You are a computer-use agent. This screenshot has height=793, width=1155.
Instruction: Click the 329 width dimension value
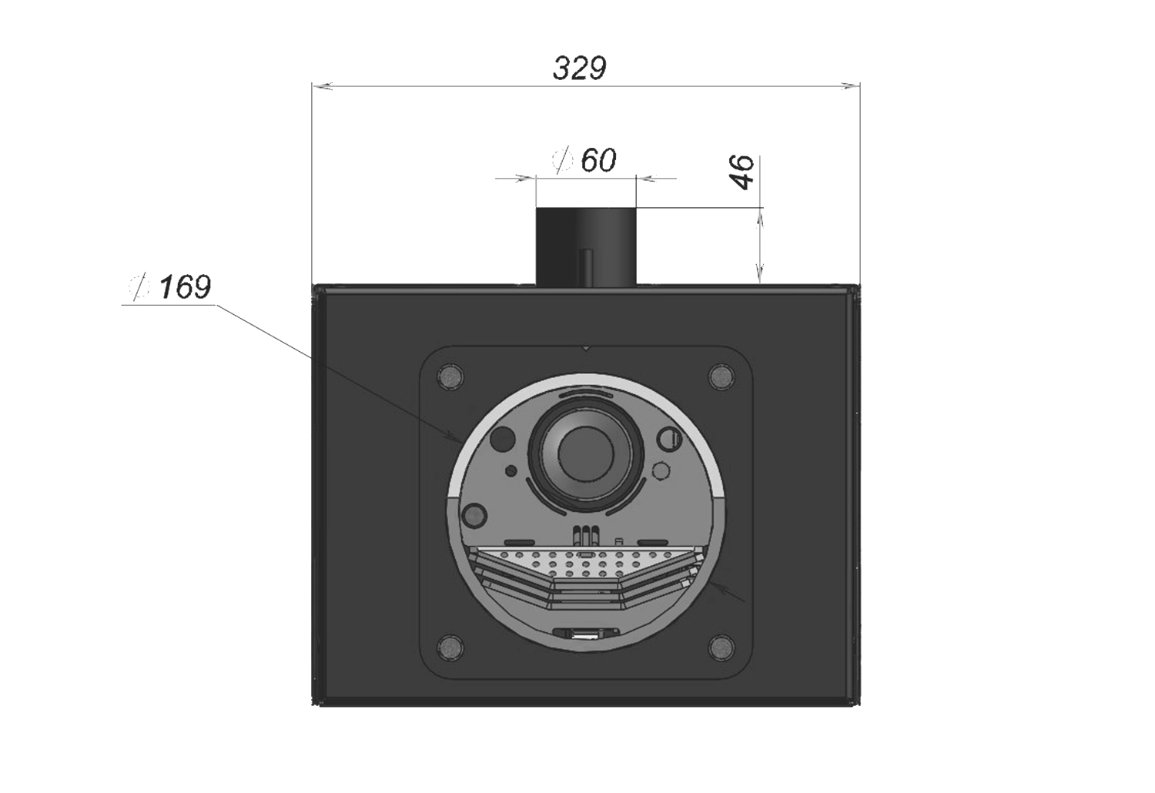point(579,68)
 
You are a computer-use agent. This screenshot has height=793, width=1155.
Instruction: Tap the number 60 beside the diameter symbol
point(598,160)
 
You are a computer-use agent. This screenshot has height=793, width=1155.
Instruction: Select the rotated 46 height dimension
point(743,172)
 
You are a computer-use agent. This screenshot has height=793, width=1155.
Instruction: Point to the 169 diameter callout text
point(185,287)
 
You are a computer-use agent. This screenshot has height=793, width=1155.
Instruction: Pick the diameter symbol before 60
point(562,160)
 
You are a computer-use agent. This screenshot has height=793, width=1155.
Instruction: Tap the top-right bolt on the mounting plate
point(722,377)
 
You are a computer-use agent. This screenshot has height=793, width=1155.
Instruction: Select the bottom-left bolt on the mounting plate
point(450,647)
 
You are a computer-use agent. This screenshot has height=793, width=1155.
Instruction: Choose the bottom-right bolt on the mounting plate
point(722,647)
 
